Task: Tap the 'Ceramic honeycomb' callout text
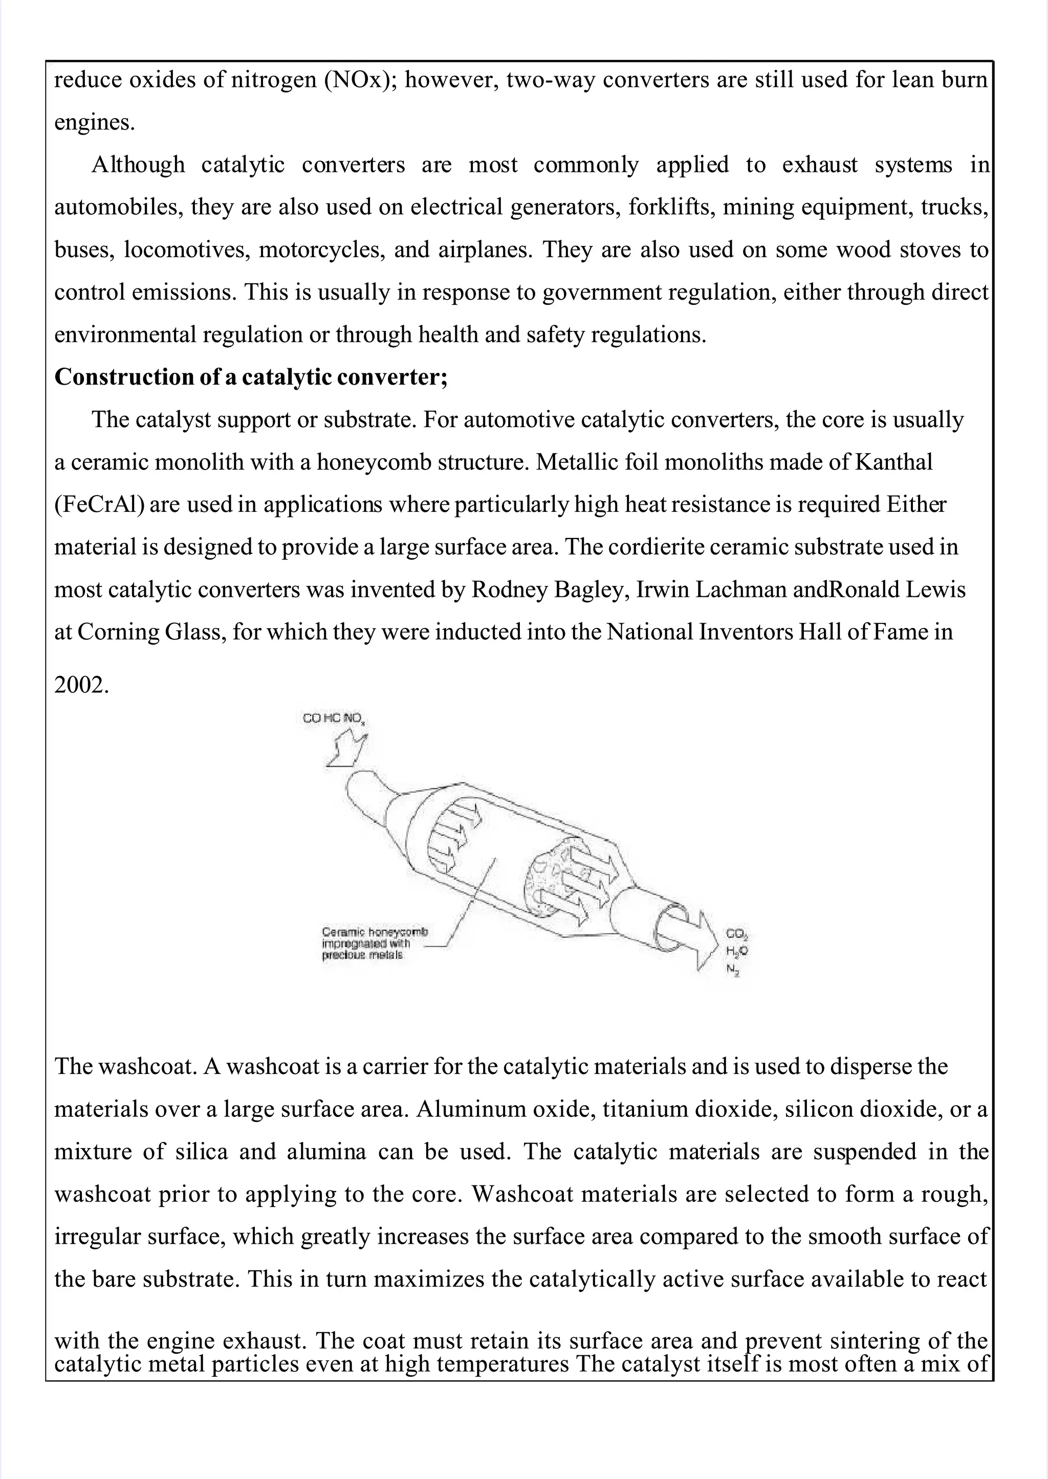click(374, 932)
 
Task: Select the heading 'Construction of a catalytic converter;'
click(250, 377)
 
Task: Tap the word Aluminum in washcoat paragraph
click(462, 1109)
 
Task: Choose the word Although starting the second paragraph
click(138, 165)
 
